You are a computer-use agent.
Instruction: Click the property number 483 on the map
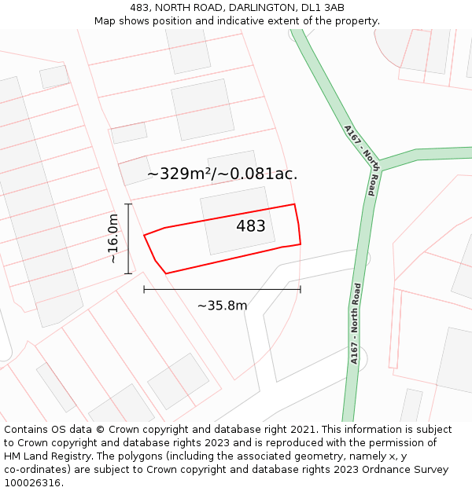click(251, 226)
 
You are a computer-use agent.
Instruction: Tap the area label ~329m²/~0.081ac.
click(222, 174)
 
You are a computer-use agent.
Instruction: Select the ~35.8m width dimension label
click(222, 306)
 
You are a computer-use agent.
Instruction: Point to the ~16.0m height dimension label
click(113, 238)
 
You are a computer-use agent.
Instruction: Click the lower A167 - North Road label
click(356, 323)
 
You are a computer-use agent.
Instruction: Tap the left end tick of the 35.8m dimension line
click(144, 289)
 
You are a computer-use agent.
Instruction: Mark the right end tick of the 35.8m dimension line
click(301, 289)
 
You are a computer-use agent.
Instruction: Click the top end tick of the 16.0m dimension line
click(128, 204)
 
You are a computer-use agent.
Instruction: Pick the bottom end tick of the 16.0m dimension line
click(128, 273)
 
